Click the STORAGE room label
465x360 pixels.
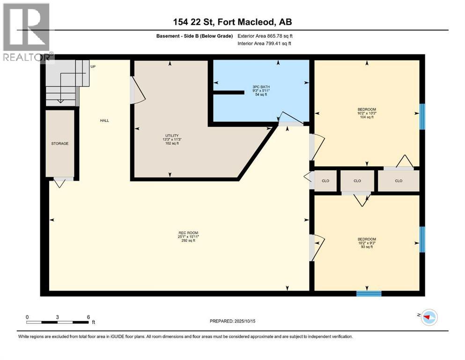tap(60, 143)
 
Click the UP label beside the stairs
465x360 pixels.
tap(93, 67)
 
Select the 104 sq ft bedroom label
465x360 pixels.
tap(366, 112)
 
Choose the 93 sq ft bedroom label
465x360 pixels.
tap(366, 243)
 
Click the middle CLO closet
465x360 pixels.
tap(357, 180)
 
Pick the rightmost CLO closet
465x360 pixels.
tap(399, 180)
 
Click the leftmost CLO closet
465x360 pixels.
tap(325, 180)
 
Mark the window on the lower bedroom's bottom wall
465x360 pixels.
tap(369, 294)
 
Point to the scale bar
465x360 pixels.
tap(58, 322)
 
